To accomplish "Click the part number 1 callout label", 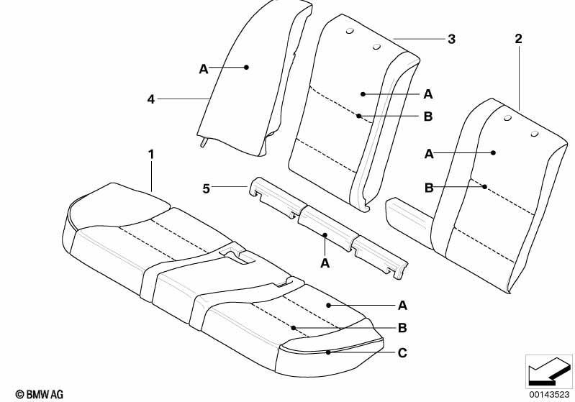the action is click(151, 155).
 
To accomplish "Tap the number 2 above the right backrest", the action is click(518, 39).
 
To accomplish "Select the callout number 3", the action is click(451, 40).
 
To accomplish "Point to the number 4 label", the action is click(151, 99).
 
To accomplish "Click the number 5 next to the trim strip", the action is click(207, 188).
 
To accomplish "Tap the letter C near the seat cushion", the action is click(402, 352).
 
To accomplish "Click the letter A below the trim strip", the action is click(325, 263).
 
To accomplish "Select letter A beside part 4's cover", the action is click(204, 69).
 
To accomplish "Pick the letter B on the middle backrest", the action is click(428, 117).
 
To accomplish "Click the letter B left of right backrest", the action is click(429, 188).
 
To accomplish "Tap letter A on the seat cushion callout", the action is click(402, 305).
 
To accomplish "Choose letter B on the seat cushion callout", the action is click(402, 328).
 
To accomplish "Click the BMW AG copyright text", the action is click(40, 394).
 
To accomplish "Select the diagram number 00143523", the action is click(548, 394).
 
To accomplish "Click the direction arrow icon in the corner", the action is click(548, 371).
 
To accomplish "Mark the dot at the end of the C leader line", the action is click(329, 352).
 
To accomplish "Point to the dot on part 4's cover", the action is click(246, 67).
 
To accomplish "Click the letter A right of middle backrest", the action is click(428, 94).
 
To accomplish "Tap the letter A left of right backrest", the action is click(429, 155).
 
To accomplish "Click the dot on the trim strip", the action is click(325, 234).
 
